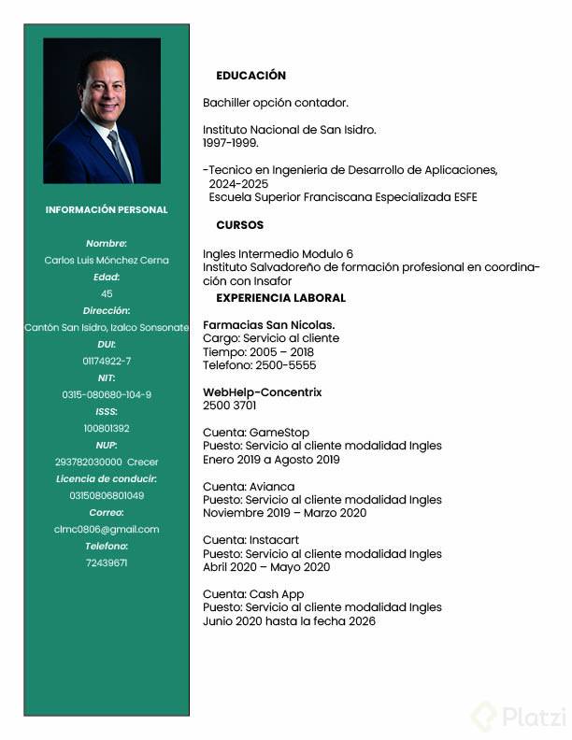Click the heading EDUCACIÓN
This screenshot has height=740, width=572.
tap(250, 76)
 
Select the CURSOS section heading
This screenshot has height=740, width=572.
tap(239, 225)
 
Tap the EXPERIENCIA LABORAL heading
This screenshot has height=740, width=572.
tap(280, 298)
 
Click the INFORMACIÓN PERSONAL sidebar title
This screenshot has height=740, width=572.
tap(107, 210)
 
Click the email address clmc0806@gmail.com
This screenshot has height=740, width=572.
tap(107, 529)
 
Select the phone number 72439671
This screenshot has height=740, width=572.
tap(107, 562)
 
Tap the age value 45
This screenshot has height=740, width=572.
tap(107, 293)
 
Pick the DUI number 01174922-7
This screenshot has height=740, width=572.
tap(107, 361)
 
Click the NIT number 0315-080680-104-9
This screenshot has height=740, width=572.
tap(107, 394)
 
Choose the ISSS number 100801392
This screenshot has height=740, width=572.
tap(107, 428)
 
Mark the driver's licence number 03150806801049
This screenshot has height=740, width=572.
tap(107, 495)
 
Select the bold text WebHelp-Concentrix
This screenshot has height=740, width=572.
tap(262, 392)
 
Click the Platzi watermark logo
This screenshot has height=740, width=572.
tap(519, 717)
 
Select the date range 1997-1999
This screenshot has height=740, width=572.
tap(231, 143)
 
